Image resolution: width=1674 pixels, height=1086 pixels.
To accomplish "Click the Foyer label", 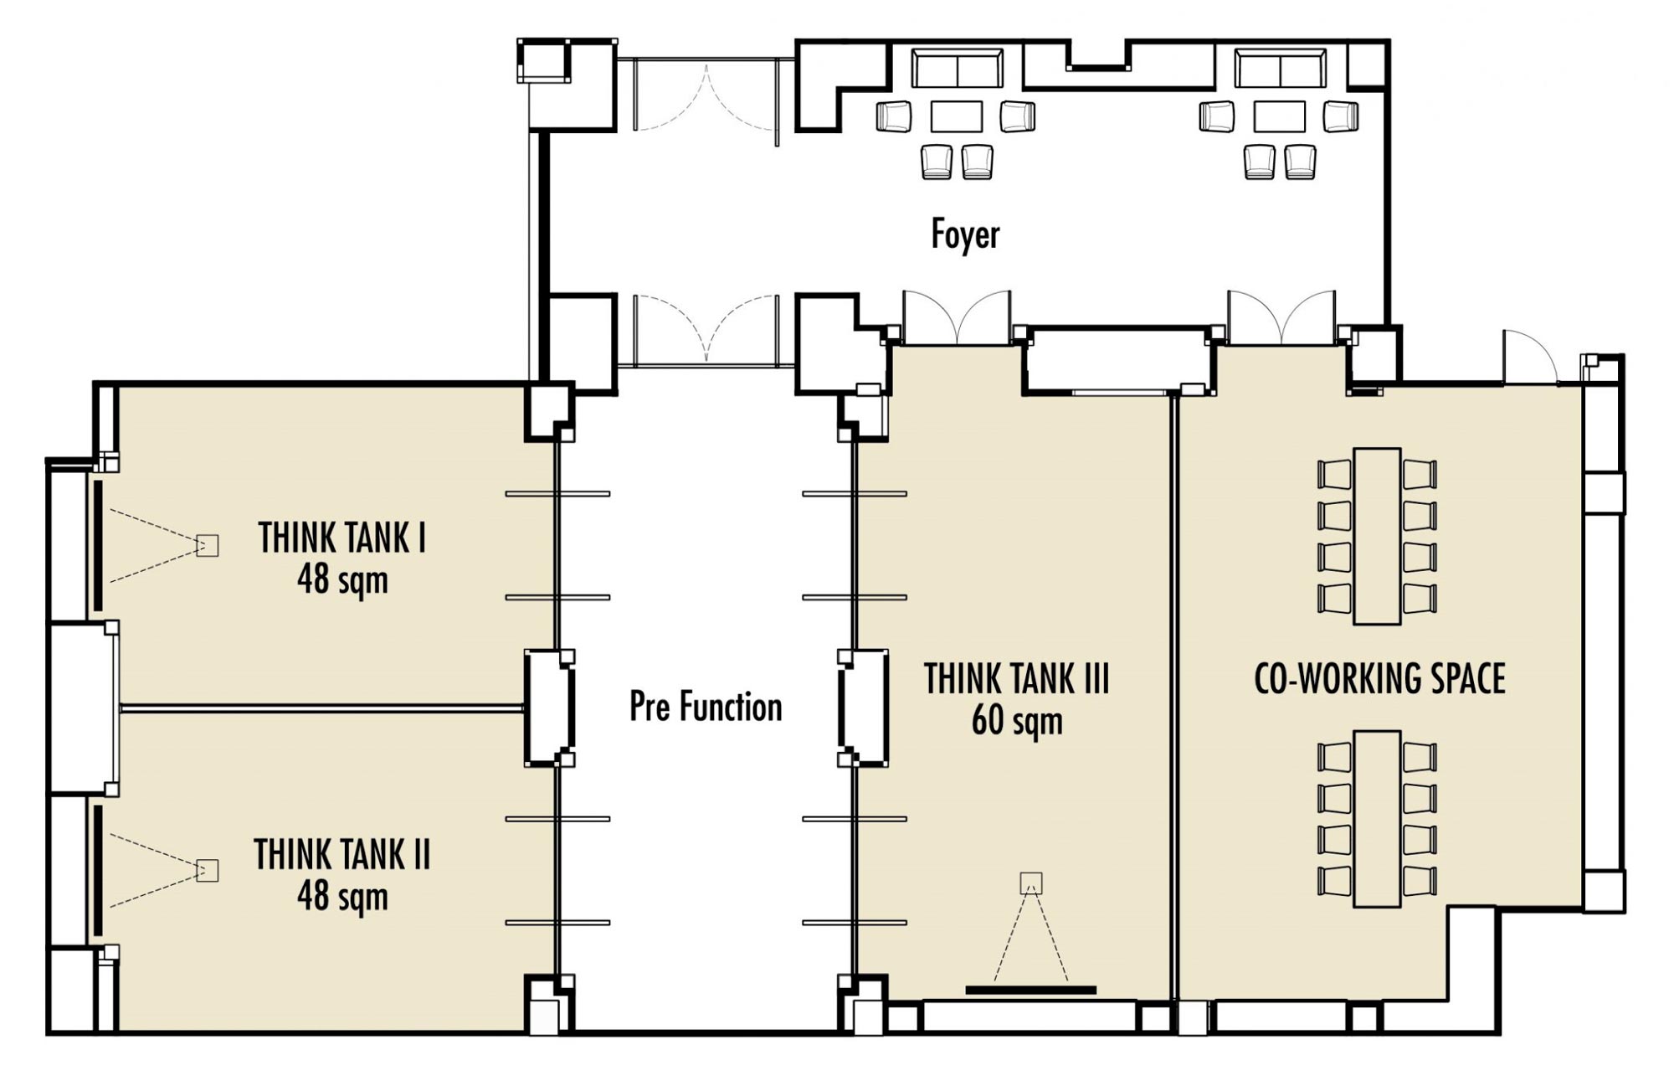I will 965,234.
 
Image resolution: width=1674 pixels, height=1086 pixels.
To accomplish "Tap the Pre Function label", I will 706,707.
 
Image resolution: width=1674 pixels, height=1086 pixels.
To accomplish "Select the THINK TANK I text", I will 341,538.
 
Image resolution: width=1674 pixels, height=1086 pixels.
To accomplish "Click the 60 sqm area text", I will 1017,721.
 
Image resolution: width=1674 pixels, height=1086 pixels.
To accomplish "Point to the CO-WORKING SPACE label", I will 1379,678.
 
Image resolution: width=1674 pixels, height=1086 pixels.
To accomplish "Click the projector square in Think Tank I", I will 207,546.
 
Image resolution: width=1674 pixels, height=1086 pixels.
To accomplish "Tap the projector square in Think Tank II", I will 207,871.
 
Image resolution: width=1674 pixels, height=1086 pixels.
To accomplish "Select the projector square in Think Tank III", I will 1031,883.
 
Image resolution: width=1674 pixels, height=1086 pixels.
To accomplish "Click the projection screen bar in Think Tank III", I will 1030,990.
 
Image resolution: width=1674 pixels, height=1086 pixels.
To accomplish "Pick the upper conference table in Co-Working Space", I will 1377,536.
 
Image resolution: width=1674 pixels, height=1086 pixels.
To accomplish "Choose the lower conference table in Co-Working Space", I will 1377,819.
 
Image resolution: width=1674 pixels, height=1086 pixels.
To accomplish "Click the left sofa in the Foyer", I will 957,69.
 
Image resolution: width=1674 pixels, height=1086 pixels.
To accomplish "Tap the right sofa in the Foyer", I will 1281,69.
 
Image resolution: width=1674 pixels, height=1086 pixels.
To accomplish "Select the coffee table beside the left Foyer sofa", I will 956,116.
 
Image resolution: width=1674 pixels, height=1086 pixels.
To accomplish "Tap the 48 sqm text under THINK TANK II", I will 342,897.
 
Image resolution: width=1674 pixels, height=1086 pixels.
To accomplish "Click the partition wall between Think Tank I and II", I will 322,708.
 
